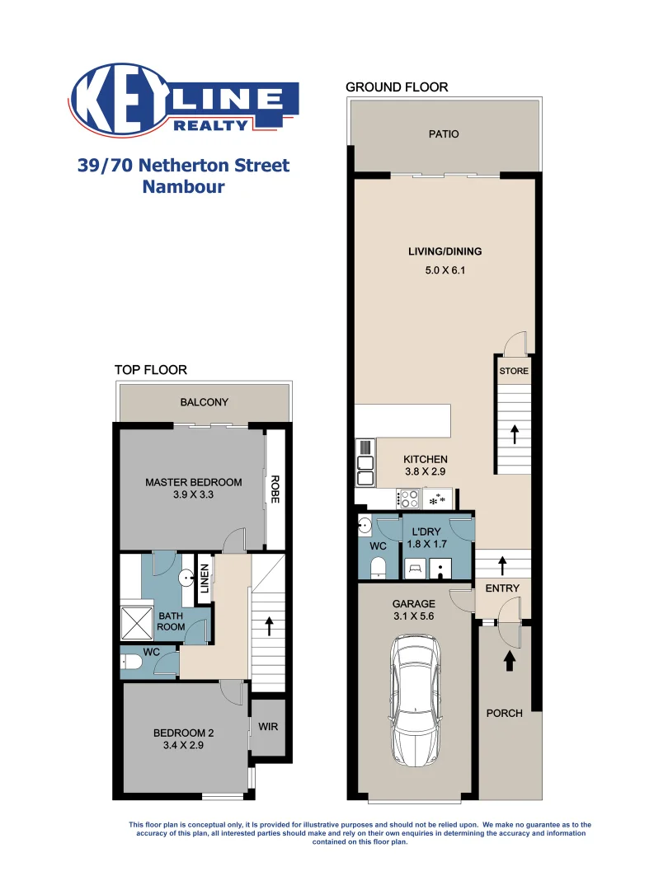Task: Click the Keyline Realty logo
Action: [x=186, y=101]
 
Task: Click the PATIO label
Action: [x=444, y=134]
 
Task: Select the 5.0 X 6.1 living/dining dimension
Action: [x=445, y=269]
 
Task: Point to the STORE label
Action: [x=513, y=371]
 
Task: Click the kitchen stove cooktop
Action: [x=408, y=499]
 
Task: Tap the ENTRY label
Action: [x=502, y=588]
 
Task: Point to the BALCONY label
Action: [x=204, y=402]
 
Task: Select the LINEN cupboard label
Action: [x=204, y=577]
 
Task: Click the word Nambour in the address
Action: [x=183, y=187]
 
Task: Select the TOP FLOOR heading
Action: [x=150, y=371]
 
